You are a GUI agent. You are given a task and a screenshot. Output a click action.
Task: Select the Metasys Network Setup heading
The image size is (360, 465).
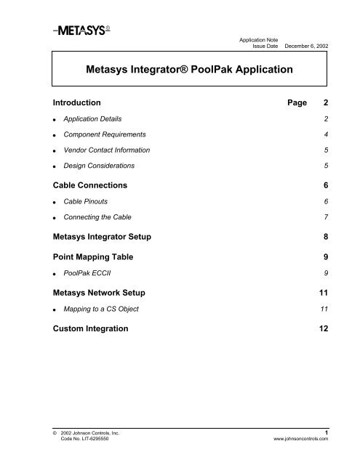110,294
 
